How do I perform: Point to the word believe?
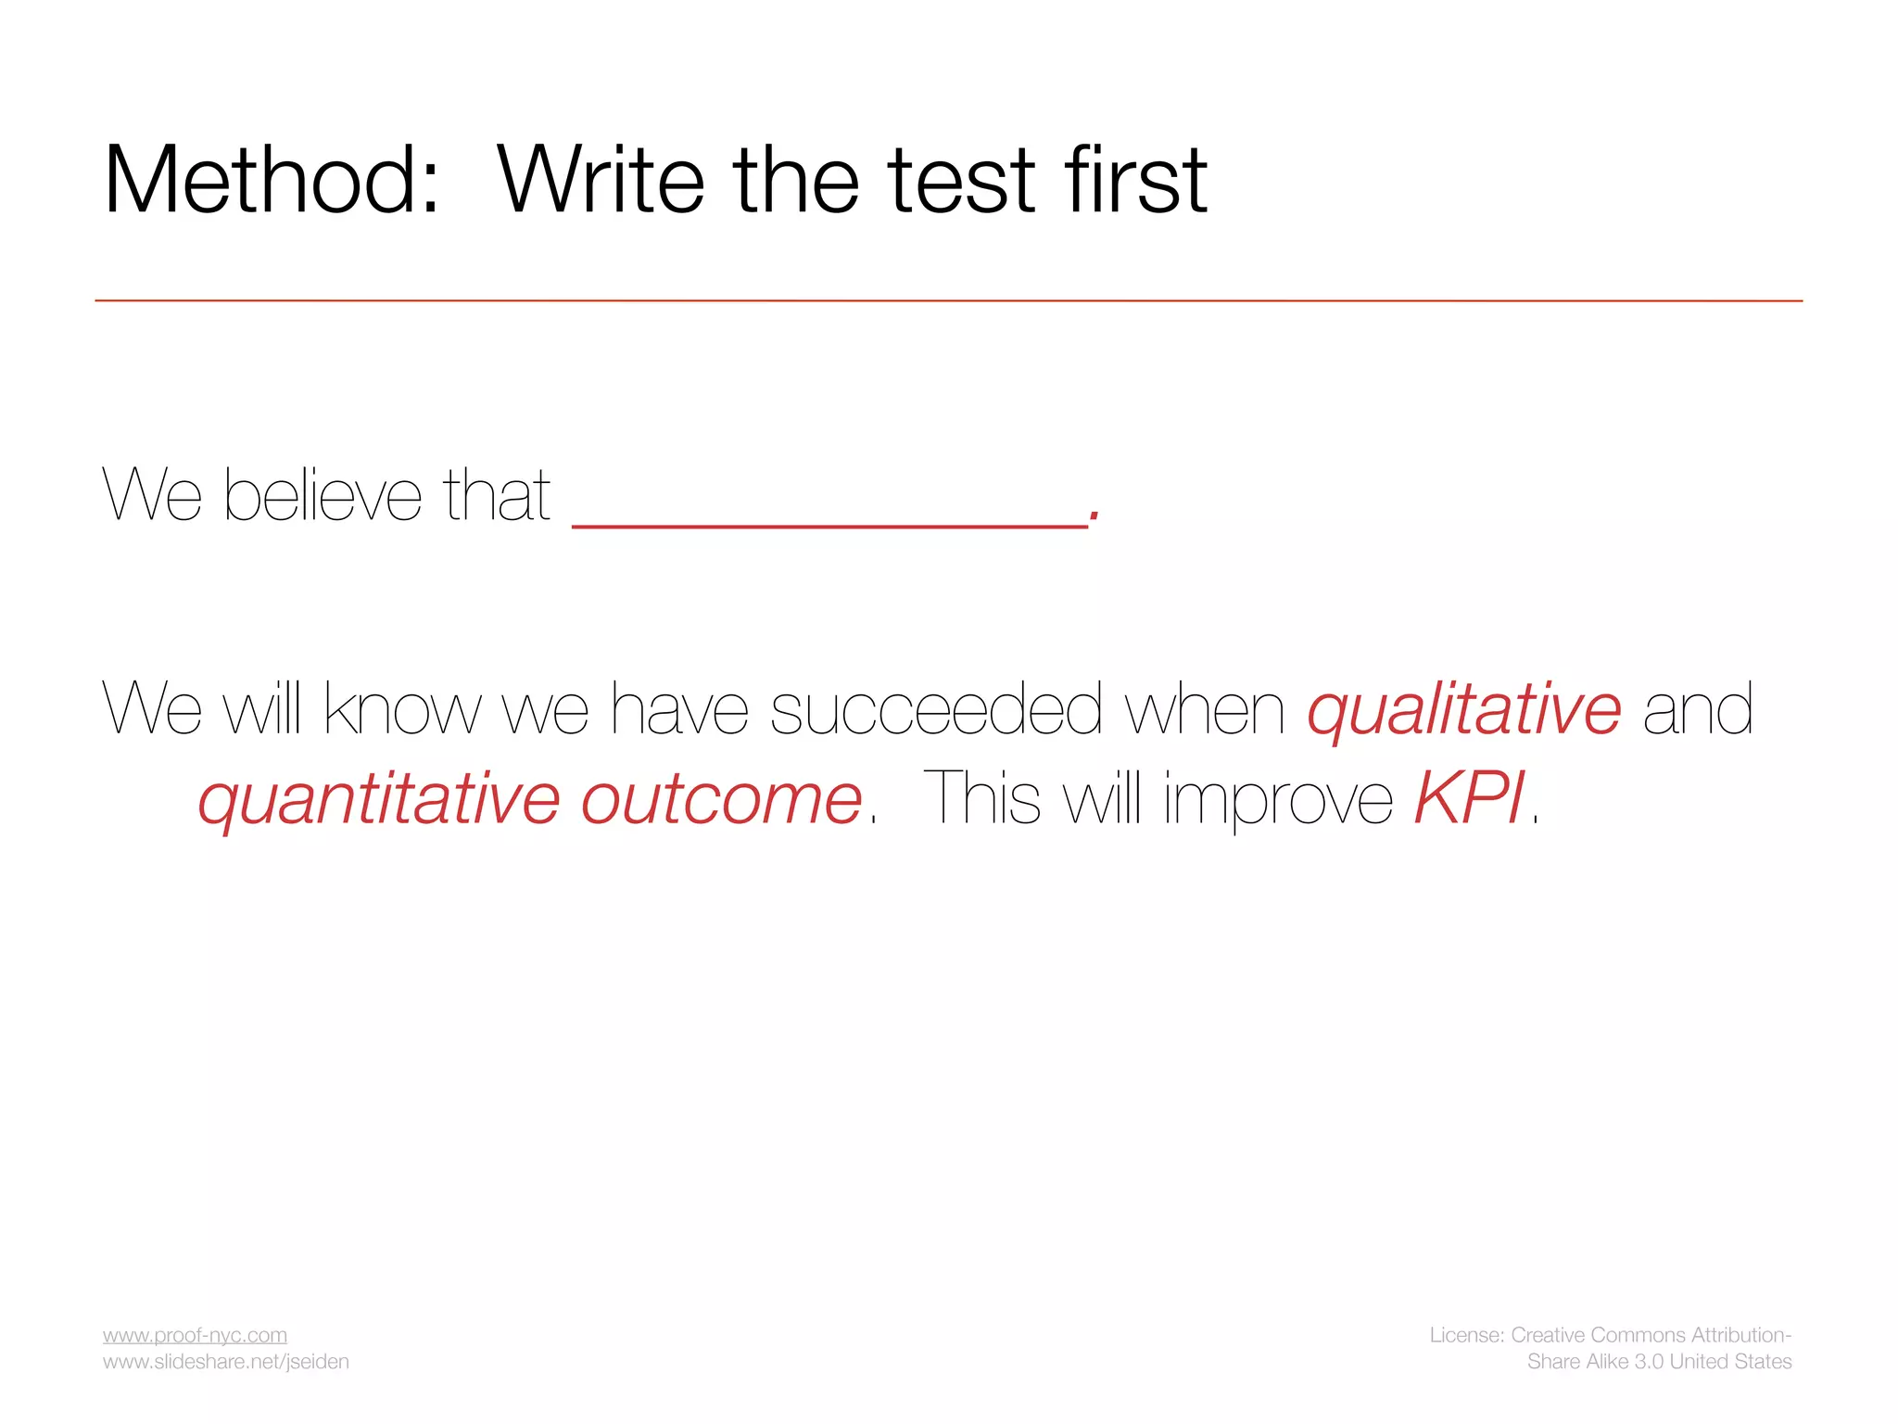point(323,496)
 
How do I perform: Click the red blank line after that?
point(829,525)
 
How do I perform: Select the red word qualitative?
point(1464,710)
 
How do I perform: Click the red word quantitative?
point(378,799)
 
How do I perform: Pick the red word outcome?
point(721,799)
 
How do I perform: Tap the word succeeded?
point(936,710)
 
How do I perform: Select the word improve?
point(1278,799)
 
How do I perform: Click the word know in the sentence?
point(402,710)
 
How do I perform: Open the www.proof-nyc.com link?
point(195,1335)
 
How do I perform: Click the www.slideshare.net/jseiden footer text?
point(225,1362)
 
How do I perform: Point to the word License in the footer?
point(1465,1335)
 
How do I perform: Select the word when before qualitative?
point(1205,710)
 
